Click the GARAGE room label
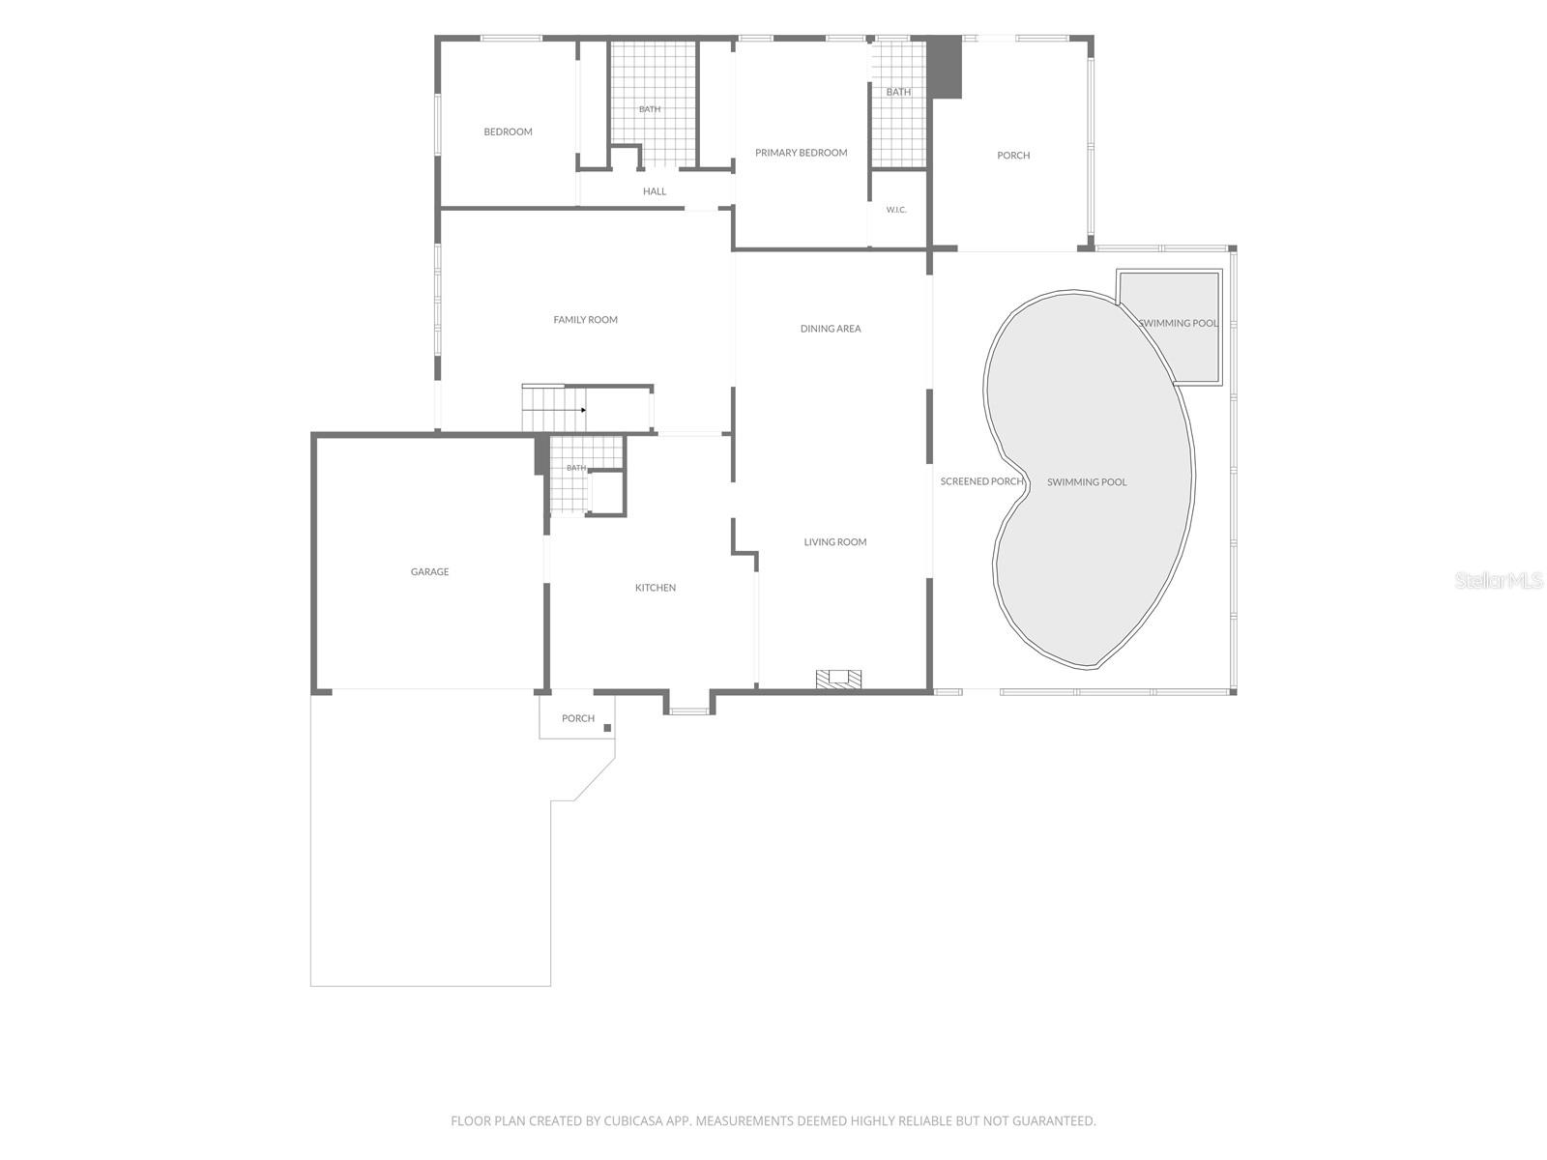coord(429,571)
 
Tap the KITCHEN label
coord(655,588)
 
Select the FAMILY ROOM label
coord(585,320)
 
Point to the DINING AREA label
coord(831,329)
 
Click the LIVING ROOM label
coord(835,541)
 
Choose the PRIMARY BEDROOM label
coord(801,152)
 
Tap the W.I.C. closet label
coord(895,210)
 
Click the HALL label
coord(654,190)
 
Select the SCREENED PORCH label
coord(981,481)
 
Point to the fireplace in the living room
coord(838,679)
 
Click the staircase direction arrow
coord(583,410)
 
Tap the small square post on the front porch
coord(607,728)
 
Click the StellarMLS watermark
coord(1499,580)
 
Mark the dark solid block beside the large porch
coord(944,67)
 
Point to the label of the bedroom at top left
coord(508,131)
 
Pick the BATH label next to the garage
coord(576,468)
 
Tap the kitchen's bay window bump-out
coord(688,705)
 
